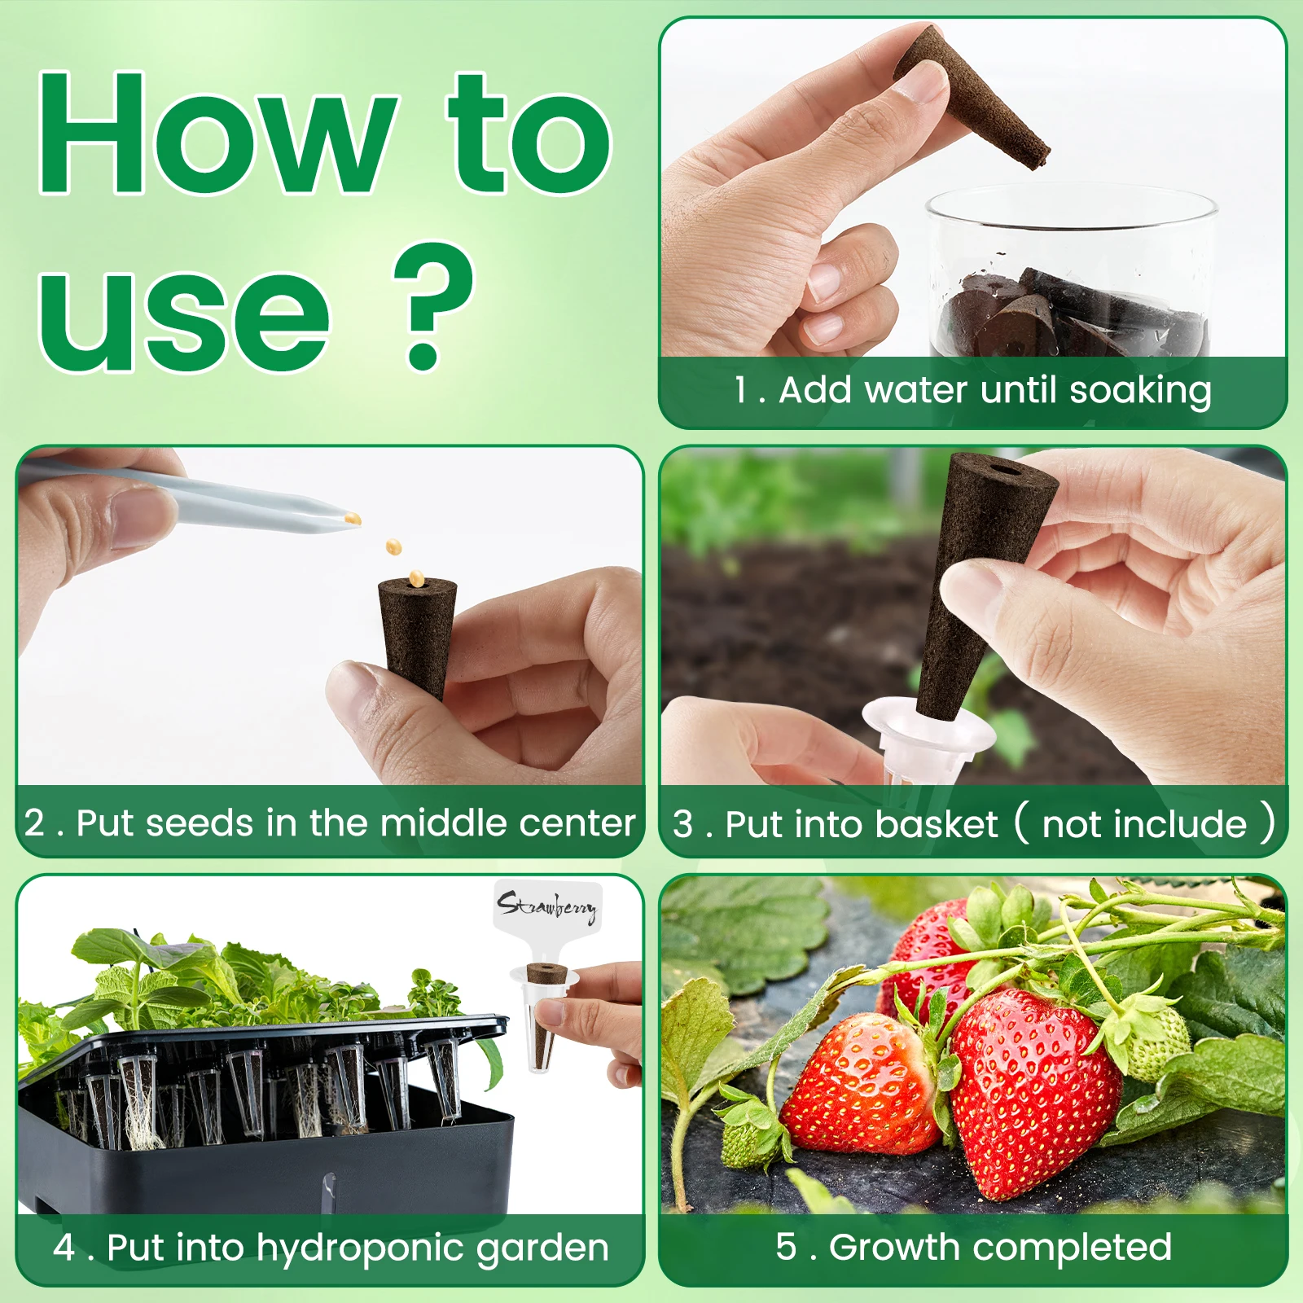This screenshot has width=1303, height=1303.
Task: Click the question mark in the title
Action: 432,305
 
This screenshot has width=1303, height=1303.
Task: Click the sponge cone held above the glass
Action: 973,98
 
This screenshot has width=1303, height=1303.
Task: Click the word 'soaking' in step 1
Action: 1139,391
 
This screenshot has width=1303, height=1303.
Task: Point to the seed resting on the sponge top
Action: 417,578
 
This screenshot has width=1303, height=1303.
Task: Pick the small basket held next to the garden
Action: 544,1018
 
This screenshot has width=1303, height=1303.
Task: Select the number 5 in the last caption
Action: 786,1246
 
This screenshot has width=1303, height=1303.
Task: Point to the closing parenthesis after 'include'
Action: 1267,823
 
